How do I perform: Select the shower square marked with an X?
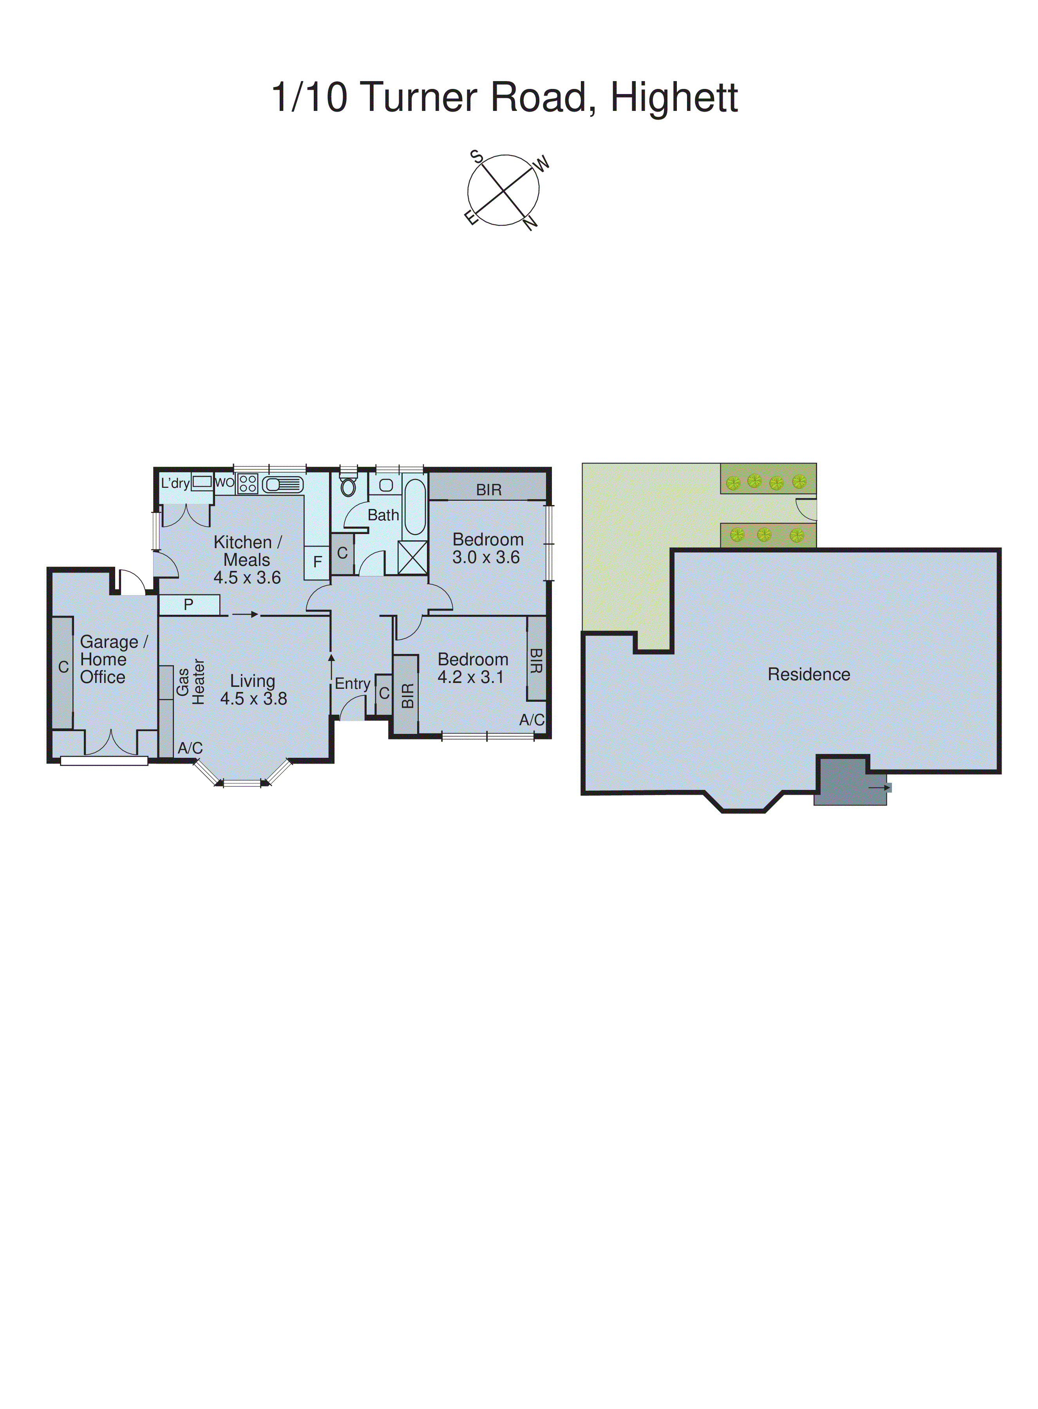click(x=413, y=557)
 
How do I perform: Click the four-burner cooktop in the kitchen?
click(x=248, y=483)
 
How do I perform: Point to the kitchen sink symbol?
click(x=282, y=485)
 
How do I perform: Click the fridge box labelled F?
click(x=317, y=561)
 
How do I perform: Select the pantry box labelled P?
click(x=188, y=605)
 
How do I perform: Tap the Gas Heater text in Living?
click(x=190, y=682)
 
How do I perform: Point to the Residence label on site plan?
click(x=808, y=674)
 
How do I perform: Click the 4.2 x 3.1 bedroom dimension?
click(x=470, y=677)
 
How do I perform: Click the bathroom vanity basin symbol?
click(x=386, y=485)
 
